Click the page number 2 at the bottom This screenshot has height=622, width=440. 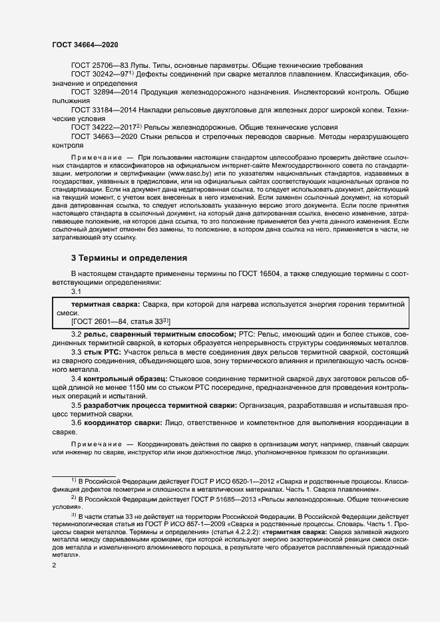[54, 565]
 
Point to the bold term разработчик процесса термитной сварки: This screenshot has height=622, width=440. [160, 405]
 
